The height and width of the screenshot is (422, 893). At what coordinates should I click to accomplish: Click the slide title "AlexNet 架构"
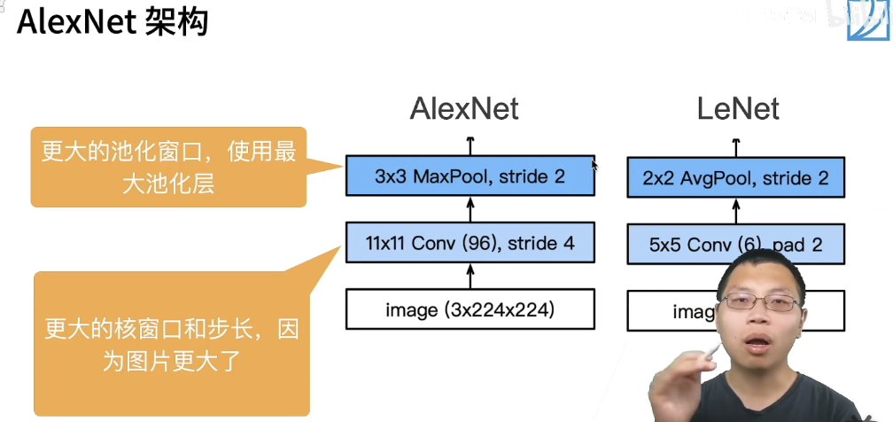click(x=112, y=21)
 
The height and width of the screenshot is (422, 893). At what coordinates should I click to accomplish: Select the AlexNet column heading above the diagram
click(x=463, y=108)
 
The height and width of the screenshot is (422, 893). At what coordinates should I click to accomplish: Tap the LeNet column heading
click(x=737, y=108)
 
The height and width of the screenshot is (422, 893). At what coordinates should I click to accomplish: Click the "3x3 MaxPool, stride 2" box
click(x=470, y=176)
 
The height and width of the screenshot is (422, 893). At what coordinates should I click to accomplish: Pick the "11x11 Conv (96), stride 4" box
click(x=470, y=243)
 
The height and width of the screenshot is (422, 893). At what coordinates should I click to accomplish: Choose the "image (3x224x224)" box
click(x=470, y=310)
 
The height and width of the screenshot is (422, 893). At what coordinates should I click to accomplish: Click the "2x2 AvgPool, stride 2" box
click(x=735, y=178)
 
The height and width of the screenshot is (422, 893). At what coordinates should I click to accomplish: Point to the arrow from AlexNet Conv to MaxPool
click(x=470, y=209)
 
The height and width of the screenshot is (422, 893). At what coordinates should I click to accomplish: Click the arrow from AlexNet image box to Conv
click(x=470, y=276)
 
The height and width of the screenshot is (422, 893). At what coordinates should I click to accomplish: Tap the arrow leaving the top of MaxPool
click(x=470, y=145)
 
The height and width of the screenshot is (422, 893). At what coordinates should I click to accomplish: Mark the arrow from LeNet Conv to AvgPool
click(x=736, y=211)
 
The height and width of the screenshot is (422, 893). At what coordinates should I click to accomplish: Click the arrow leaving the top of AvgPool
click(x=736, y=146)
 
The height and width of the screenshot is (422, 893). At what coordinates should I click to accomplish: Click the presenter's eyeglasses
click(x=759, y=301)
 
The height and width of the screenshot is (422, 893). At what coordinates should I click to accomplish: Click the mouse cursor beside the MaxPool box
click(x=594, y=165)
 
